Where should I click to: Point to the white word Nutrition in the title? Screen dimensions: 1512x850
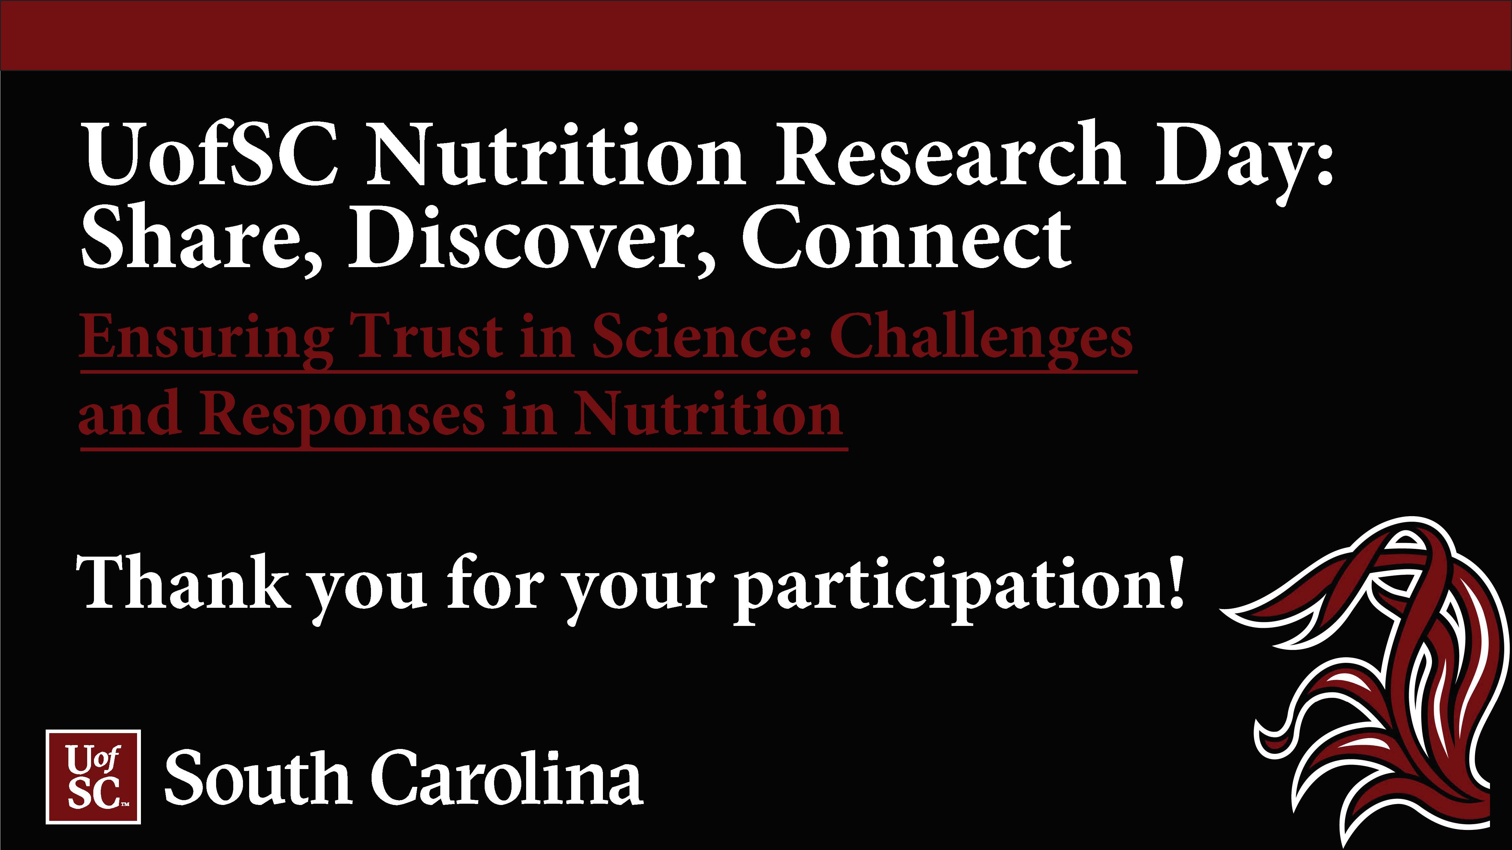pos(555,154)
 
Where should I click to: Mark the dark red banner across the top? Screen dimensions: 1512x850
pos(756,35)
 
